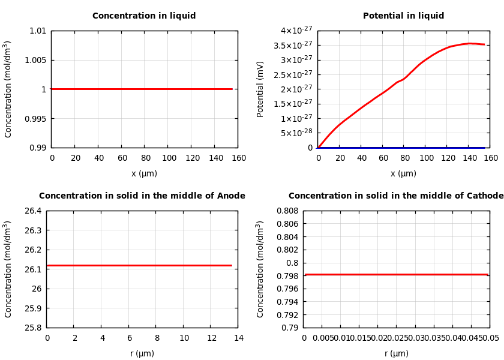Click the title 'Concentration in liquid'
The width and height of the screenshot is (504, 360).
tap(144, 16)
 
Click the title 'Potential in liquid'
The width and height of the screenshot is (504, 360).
tap(403, 16)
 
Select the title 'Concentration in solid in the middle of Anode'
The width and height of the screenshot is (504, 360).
tap(142, 196)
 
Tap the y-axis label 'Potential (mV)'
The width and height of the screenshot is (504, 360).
tap(260, 89)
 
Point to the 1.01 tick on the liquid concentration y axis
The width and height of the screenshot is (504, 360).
tap(37, 31)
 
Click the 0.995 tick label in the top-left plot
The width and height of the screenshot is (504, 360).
tap(34, 119)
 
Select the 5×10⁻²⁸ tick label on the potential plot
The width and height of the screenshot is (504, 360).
tap(297, 133)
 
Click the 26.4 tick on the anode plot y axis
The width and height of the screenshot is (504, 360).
tap(32, 211)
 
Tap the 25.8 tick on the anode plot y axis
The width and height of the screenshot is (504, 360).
tap(32, 328)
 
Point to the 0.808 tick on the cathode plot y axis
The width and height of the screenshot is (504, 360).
tap(287, 211)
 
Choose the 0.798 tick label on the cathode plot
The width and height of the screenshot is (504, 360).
tap(287, 276)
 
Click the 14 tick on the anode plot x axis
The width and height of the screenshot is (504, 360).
tap(239, 338)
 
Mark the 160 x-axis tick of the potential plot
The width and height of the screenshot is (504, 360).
tap(491, 158)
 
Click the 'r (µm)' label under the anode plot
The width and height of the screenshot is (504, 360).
tap(142, 354)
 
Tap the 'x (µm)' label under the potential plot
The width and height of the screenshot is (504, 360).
tap(403, 174)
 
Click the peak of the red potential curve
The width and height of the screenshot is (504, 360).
tap(471, 43)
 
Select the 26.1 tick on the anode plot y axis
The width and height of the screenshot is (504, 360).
tap(32, 269)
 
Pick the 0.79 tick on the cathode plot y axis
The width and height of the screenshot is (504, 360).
tap(289, 328)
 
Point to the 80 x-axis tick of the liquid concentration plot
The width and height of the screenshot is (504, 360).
tap(145, 158)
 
